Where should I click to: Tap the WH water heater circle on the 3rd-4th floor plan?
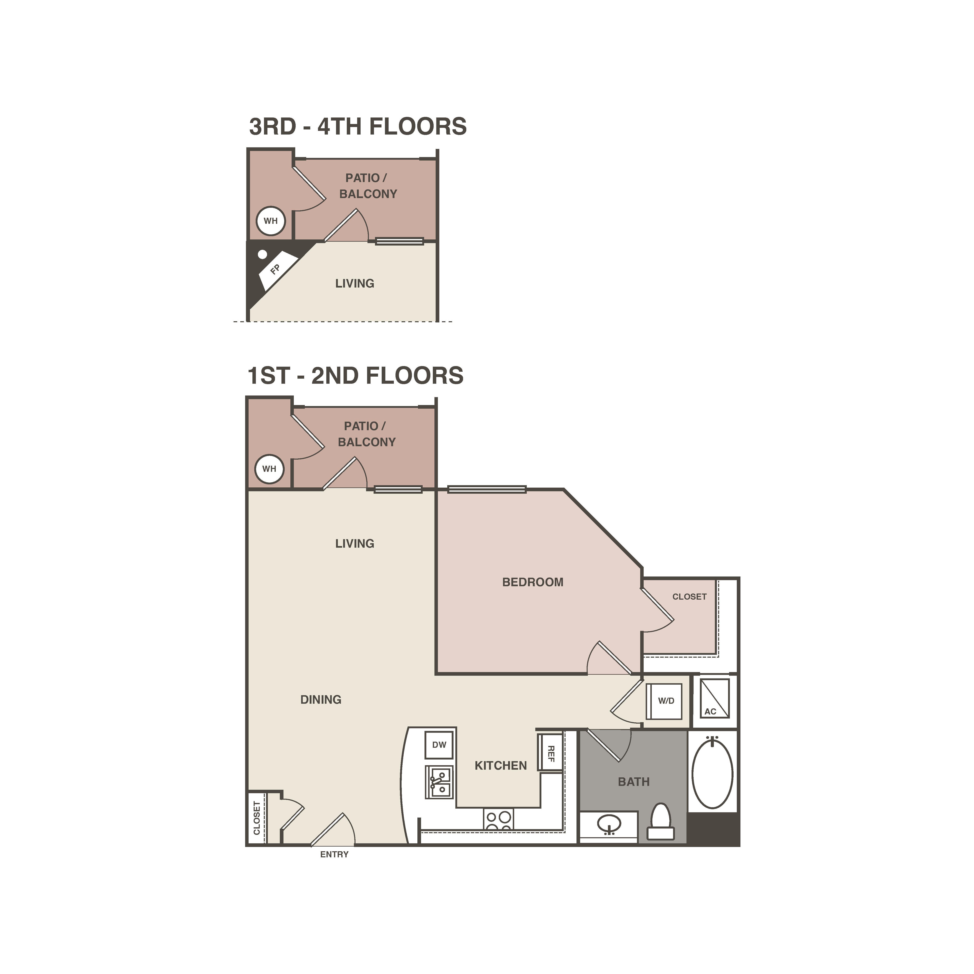[x=271, y=221]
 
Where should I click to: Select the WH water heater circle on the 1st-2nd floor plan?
[x=269, y=469]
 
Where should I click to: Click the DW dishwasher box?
[x=439, y=745]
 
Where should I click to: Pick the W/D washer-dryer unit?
[x=665, y=701]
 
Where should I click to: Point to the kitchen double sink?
[x=440, y=782]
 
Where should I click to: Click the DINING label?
[x=321, y=700]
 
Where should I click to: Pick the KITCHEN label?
[x=501, y=766]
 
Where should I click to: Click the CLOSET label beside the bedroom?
[x=689, y=597]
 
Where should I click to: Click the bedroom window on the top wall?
[x=487, y=489]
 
